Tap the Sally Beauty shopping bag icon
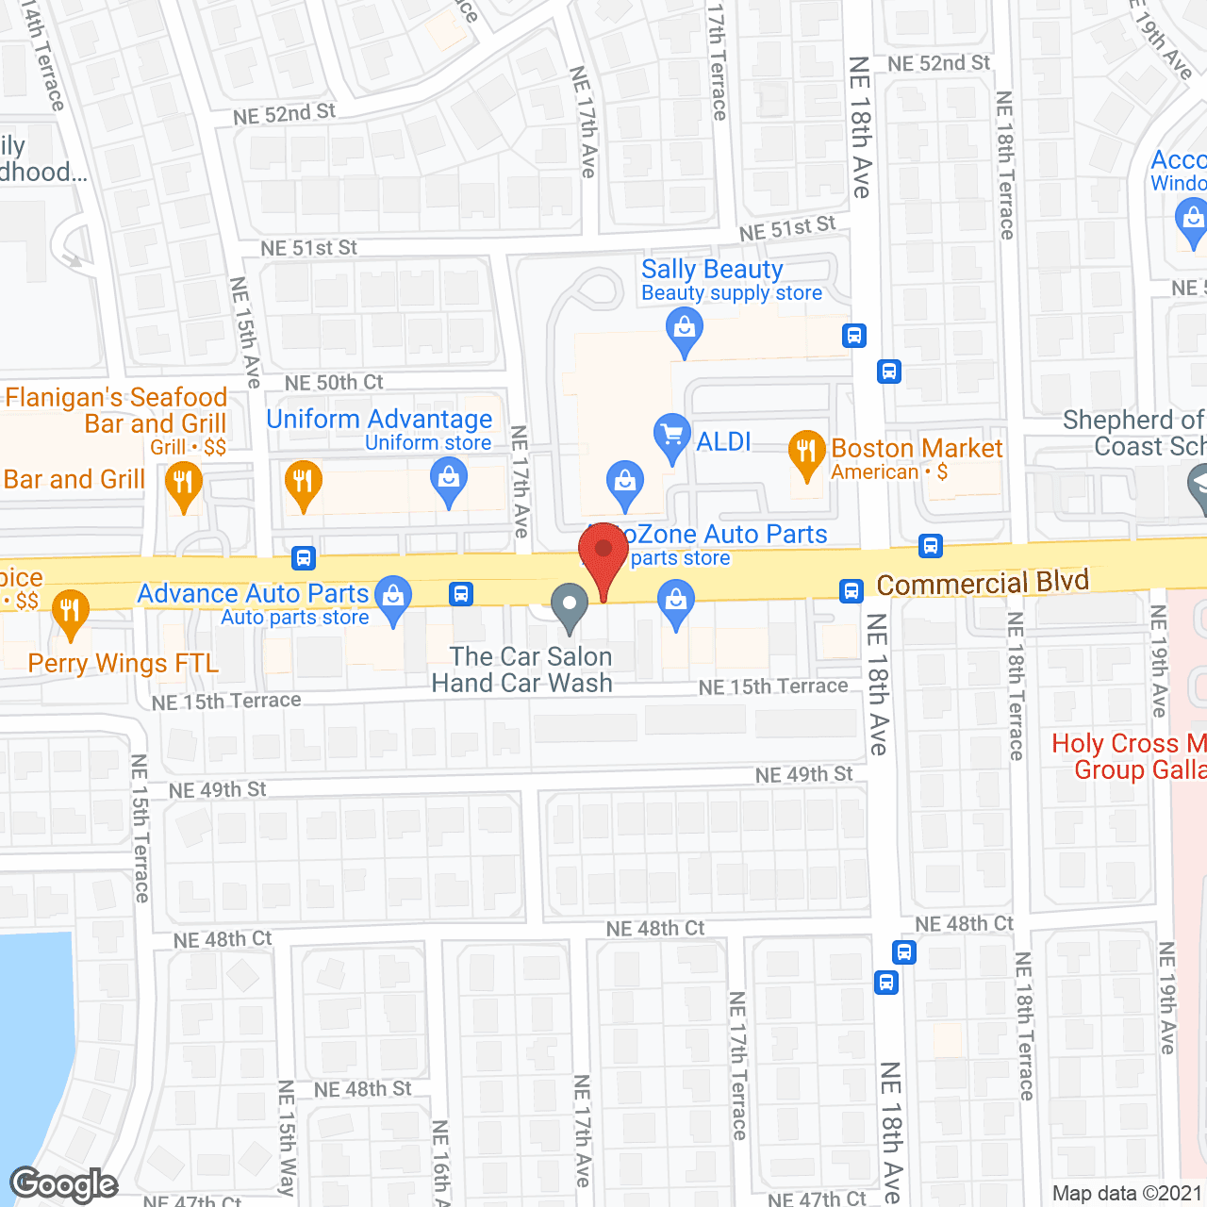point(685,331)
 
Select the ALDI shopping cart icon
point(671,436)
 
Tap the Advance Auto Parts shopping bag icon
point(393,597)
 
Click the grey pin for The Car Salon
point(569,605)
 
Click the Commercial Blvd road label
point(983,584)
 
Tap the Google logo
point(64,1184)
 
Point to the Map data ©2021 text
point(1127,1194)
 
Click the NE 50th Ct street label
point(334,383)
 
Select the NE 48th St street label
point(362,1090)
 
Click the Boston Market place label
point(917,448)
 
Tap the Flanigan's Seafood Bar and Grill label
point(117,410)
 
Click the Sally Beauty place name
point(712,270)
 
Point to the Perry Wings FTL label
point(124,664)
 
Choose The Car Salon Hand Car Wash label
point(522,670)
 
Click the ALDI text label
point(723,441)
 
